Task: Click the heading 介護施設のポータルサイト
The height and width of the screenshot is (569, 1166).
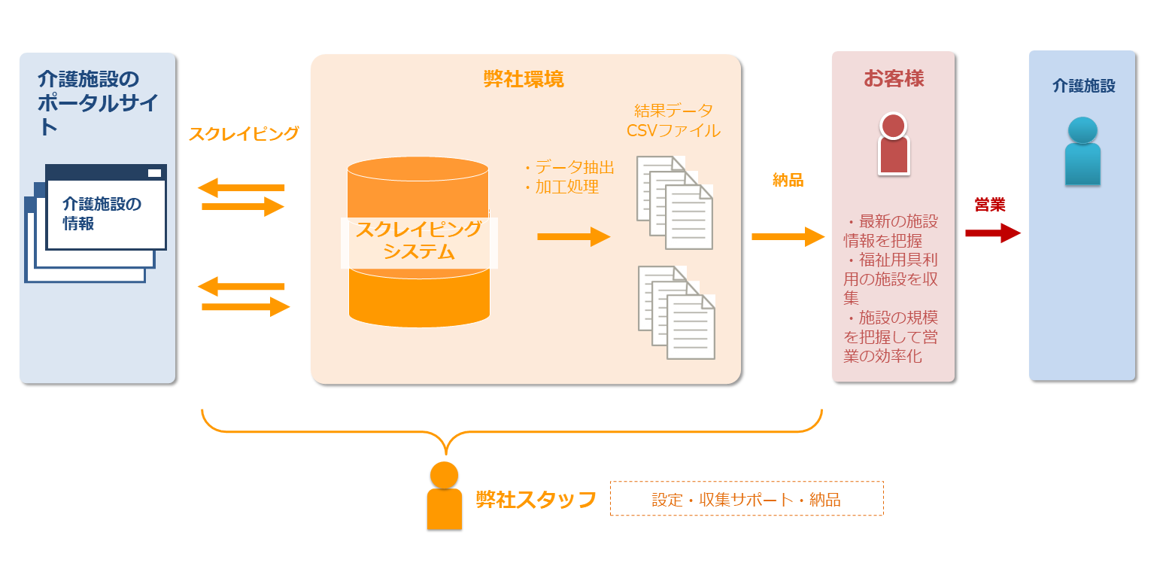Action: pyautogui.click(x=98, y=102)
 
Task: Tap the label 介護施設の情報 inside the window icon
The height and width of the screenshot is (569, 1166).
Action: pyautogui.click(x=102, y=213)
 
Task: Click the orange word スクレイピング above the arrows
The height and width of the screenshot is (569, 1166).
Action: pyautogui.click(x=244, y=134)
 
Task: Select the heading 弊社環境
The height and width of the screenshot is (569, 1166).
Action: pyautogui.click(x=524, y=79)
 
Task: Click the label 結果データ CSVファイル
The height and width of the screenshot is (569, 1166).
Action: pyautogui.click(x=673, y=120)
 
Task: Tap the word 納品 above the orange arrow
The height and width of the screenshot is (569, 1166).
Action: pyautogui.click(x=788, y=180)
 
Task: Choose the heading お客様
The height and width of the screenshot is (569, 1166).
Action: pyautogui.click(x=894, y=78)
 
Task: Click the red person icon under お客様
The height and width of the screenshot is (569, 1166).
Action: pyautogui.click(x=894, y=144)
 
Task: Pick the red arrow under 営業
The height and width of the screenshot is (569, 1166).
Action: pyautogui.click(x=992, y=233)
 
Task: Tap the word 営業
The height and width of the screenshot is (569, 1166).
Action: pyautogui.click(x=990, y=205)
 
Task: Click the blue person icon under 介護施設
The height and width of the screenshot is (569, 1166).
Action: pyautogui.click(x=1082, y=151)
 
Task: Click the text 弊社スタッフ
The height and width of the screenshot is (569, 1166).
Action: pyautogui.click(x=536, y=499)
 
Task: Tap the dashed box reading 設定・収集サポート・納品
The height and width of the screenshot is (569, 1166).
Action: pyautogui.click(x=746, y=499)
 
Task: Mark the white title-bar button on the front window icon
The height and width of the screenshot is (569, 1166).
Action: pyautogui.click(x=154, y=173)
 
